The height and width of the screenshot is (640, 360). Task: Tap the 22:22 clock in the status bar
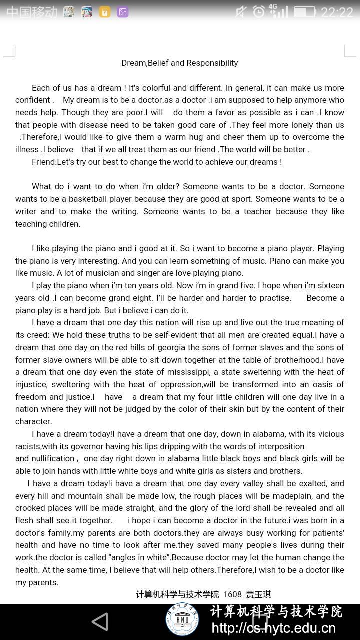(x=337, y=12)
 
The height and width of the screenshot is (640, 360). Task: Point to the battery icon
(x=304, y=12)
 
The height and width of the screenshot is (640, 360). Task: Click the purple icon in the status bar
(x=123, y=12)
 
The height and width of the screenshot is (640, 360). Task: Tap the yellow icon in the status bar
(x=105, y=12)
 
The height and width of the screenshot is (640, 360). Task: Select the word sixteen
(x=327, y=285)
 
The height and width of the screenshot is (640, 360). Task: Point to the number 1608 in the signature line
(x=232, y=594)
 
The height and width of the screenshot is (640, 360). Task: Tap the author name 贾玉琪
(x=258, y=594)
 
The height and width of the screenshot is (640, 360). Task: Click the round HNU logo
(x=182, y=620)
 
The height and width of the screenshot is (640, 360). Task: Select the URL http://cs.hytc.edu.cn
(x=274, y=628)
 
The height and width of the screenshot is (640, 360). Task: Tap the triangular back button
(x=100, y=622)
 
